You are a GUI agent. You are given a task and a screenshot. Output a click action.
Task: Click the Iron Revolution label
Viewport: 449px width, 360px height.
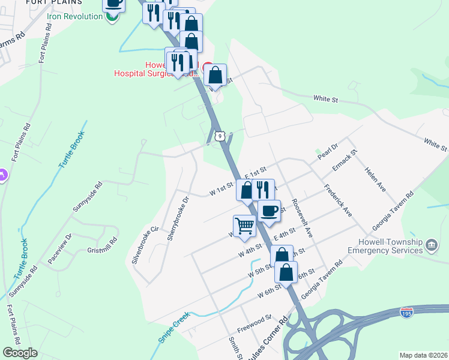tap(76, 17)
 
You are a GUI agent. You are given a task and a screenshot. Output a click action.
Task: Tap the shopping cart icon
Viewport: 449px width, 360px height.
tap(245, 226)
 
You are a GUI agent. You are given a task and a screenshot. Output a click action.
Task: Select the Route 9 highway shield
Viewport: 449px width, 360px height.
tap(221, 136)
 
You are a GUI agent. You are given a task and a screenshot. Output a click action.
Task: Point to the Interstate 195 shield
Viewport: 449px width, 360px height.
tap(406, 313)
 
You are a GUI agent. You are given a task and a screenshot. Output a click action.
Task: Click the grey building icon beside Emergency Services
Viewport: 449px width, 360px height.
tap(431, 245)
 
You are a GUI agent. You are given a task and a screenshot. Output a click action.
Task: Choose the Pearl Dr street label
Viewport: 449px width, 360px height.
tap(328, 150)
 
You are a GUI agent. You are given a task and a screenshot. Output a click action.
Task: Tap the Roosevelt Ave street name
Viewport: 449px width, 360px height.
tap(303, 218)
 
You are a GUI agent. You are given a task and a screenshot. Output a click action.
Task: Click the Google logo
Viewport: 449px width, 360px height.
tap(20, 352)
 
